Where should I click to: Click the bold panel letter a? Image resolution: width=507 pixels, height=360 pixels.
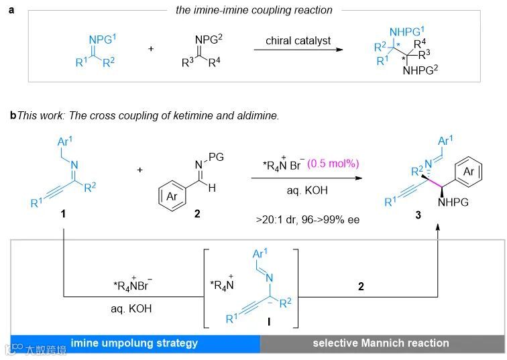click(x=10, y=10)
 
